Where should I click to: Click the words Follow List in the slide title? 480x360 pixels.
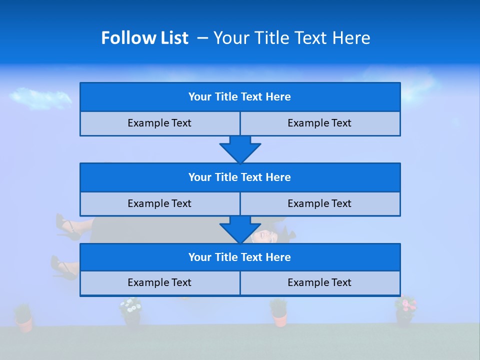(x=145, y=38)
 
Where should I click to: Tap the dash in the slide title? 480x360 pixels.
(x=202, y=38)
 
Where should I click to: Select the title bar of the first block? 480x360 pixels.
(x=240, y=97)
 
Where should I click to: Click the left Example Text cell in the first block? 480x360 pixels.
(x=159, y=123)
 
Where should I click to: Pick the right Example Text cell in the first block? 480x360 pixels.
(x=319, y=123)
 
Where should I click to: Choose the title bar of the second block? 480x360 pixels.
(x=240, y=177)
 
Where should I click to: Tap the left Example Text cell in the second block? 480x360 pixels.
(x=159, y=203)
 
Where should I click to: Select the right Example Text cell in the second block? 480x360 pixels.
(x=319, y=203)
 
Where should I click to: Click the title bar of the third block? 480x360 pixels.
(x=240, y=257)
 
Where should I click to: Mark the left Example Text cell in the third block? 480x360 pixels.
(x=159, y=282)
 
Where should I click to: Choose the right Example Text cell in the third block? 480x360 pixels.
(x=319, y=282)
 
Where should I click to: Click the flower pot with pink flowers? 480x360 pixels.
(x=405, y=310)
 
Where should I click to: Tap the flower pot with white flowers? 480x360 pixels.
(x=131, y=311)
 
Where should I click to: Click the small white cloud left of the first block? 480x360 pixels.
(x=40, y=97)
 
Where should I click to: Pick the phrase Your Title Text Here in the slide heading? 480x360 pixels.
(x=291, y=38)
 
